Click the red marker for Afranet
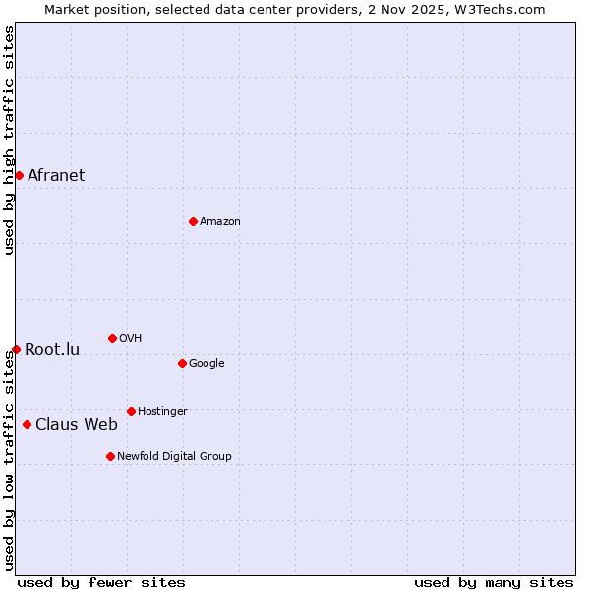point(19,175)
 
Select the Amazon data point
point(193,221)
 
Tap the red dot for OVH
point(112,338)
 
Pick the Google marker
point(182,363)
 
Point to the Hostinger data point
point(131,411)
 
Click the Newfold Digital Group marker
point(110,456)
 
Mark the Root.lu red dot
point(16,349)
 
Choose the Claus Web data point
point(27,424)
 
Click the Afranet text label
point(56,176)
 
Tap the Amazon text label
point(220,222)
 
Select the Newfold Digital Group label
point(174,456)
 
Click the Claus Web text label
point(77,425)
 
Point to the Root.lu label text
point(52,350)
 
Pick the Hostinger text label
point(162,412)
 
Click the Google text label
point(206,364)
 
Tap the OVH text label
point(131,339)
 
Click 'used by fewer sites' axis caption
point(101,582)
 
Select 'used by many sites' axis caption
point(494,582)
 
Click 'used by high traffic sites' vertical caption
point(9,140)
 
